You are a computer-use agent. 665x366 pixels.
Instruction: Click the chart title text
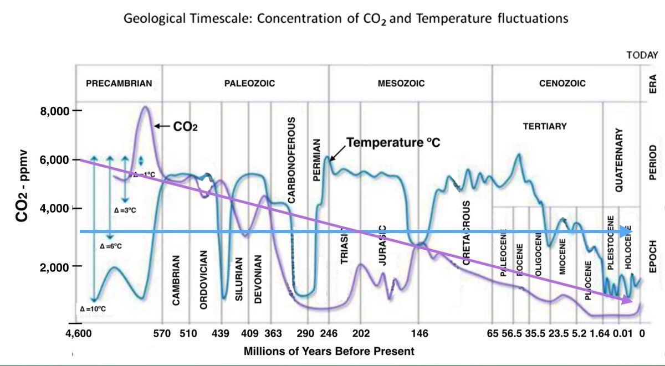[346, 19]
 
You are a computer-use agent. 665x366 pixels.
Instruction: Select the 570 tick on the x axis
[161, 334]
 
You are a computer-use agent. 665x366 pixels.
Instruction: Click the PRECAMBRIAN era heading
[119, 84]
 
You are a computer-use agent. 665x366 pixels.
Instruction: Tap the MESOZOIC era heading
[401, 84]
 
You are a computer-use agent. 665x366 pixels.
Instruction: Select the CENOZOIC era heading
[562, 84]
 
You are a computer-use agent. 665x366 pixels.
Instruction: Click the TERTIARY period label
[545, 126]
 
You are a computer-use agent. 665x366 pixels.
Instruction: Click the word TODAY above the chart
[642, 55]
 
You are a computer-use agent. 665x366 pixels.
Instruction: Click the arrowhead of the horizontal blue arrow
[627, 231]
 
